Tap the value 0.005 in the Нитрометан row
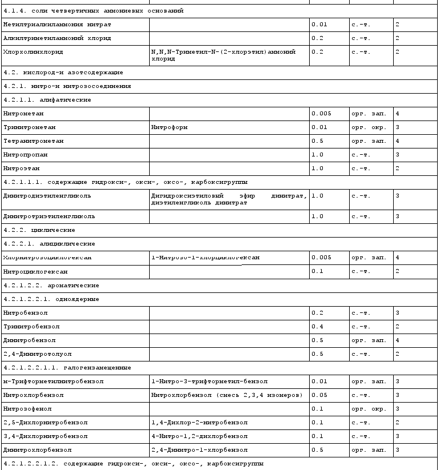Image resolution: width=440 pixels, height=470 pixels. point(321,114)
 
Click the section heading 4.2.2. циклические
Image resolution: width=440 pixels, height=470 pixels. point(39,230)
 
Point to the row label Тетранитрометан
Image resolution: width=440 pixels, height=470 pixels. point(33,141)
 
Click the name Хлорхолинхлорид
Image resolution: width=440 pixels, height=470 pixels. point(33,52)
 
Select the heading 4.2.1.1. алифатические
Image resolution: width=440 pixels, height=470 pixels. point(47,100)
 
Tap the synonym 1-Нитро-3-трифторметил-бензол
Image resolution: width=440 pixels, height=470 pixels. point(209,381)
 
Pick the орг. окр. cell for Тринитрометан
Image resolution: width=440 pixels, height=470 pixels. point(369,127)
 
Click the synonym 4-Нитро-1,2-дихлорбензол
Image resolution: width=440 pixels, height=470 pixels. point(199,436)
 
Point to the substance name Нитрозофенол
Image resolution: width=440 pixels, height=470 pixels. point(26,409)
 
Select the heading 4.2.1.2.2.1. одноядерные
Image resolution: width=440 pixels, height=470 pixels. point(51,299)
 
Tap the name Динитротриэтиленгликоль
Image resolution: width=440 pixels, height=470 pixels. point(49,216)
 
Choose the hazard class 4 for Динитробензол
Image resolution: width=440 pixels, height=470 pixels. point(397,340)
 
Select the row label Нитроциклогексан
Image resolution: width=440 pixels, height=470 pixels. point(35,271)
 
